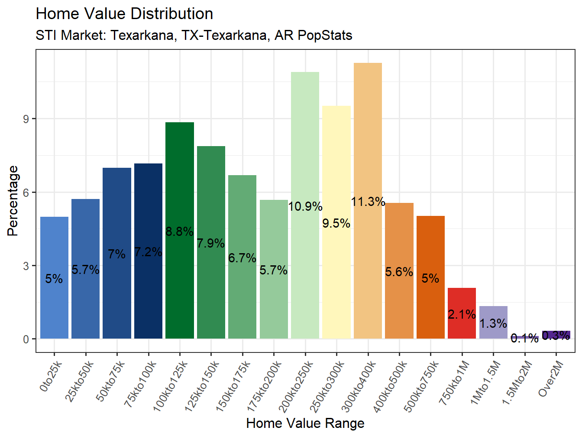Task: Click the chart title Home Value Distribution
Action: [124, 14]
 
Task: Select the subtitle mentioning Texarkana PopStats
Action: [194, 35]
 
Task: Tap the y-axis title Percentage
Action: [13, 201]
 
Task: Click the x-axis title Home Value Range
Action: [305, 423]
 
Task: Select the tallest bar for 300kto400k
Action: [368, 130]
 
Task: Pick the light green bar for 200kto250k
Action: [305, 139]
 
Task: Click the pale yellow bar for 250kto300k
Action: [336, 165]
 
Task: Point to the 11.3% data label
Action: [368, 202]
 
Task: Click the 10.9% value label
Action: [305, 207]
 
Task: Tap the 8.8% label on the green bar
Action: [180, 232]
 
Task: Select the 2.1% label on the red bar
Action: [462, 314]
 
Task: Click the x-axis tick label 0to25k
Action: [51, 376]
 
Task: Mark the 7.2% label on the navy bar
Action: [148, 252]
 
